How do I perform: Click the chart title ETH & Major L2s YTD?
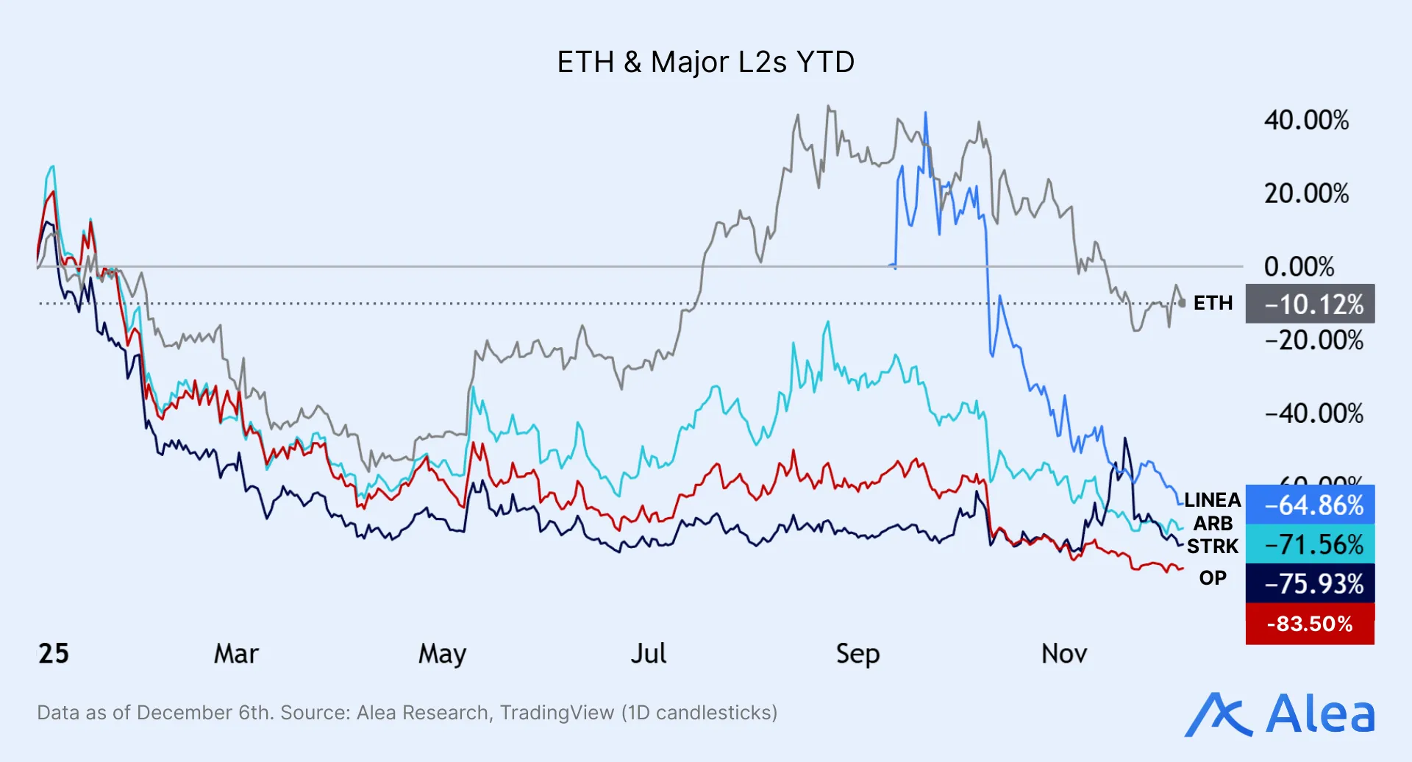click(705, 63)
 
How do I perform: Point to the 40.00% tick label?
click(1306, 121)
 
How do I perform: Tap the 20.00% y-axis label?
click(1306, 194)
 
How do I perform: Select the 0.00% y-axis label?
click(1299, 267)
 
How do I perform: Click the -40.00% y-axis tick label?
click(1313, 413)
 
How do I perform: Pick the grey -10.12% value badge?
click(1310, 304)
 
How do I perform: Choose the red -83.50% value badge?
click(1310, 624)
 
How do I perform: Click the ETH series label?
click(1213, 303)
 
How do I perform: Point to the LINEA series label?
click(1212, 500)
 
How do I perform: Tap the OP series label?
click(1213, 578)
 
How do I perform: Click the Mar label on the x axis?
click(236, 654)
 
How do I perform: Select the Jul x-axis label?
click(648, 654)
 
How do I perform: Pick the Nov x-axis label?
click(1063, 654)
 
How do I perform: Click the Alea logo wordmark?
click(1319, 714)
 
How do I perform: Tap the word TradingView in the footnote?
click(557, 713)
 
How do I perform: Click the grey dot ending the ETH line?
click(1182, 303)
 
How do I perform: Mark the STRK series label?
click(1212, 546)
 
